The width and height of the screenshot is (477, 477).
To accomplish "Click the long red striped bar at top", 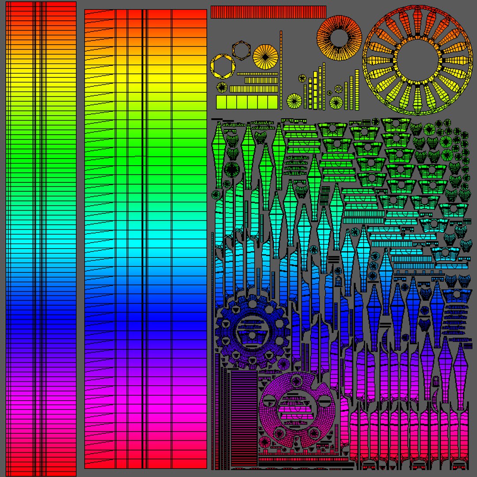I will pyautogui.click(x=269, y=12).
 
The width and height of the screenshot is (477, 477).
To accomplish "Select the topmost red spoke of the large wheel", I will pyautogui.click(x=416, y=19).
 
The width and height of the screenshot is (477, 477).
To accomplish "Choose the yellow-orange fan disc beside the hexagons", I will pyautogui.click(x=265, y=56).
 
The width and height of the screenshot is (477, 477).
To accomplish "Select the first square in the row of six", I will pyautogui.click(x=221, y=102).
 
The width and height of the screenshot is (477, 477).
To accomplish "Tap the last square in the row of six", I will pyautogui.click(x=274, y=102).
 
